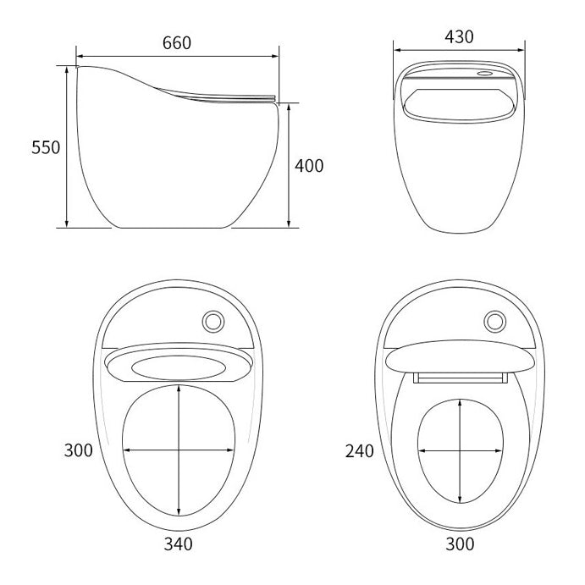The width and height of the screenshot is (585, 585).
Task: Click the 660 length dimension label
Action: (178, 41)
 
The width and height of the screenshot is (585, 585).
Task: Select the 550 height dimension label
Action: (46, 147)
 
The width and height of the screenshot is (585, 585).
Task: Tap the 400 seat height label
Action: (309, 166)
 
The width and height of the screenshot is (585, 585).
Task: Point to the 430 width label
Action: (459, 36)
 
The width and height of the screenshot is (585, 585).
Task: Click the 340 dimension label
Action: (179, 544)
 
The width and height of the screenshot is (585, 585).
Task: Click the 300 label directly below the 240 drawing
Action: (460, 544)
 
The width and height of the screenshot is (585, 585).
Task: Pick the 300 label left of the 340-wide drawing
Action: (79, 450)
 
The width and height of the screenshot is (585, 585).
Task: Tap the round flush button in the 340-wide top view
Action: (214, 321)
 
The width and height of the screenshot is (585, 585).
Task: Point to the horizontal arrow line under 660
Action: (178, 57)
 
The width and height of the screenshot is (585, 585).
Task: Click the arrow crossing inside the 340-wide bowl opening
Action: (179, 450)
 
